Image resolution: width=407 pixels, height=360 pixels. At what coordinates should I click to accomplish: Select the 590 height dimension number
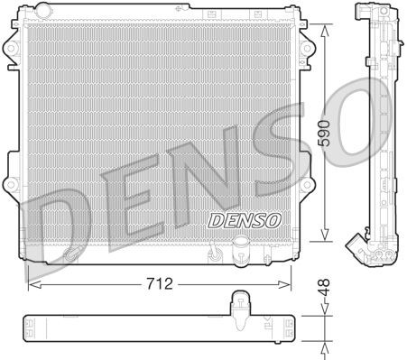(321, 134)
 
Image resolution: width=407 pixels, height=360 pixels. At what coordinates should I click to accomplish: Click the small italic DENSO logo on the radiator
(245, 219)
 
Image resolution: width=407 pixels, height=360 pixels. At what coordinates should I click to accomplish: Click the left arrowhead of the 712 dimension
(32, 283)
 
